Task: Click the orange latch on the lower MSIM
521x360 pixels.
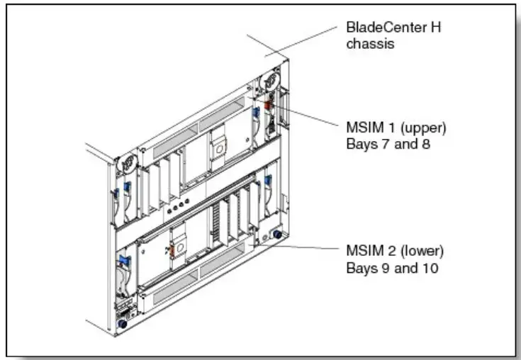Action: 170,251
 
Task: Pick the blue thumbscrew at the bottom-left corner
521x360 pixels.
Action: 122,323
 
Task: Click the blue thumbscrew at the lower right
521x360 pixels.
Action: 276,235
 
